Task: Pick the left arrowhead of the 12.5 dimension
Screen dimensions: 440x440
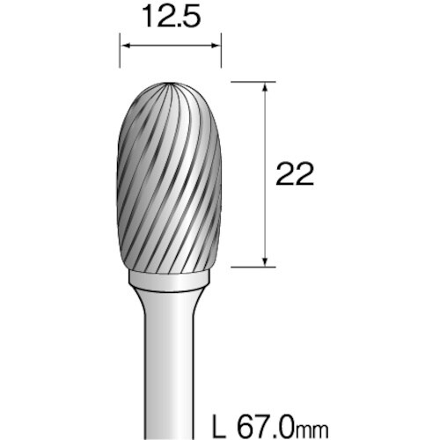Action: (123, 45)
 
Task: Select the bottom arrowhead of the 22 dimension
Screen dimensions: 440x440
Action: (263, 258)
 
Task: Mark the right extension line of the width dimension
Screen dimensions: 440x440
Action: (222, 51)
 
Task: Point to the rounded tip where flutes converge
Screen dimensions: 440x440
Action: (170, 85)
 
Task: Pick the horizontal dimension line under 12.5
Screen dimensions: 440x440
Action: (170, 45)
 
